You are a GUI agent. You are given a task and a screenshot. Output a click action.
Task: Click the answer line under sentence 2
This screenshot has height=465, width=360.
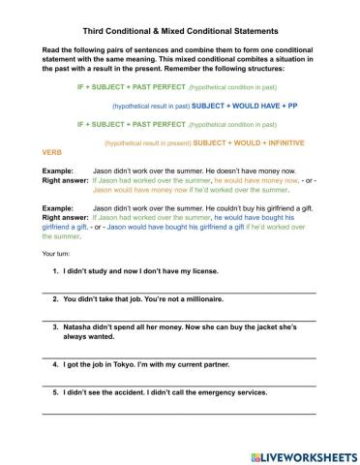(x=179, y=318)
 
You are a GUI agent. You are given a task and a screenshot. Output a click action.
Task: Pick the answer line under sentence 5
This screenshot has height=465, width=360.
(x=179, y=414)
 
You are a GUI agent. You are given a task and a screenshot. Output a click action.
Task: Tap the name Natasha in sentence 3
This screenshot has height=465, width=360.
(x=80, y=327)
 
